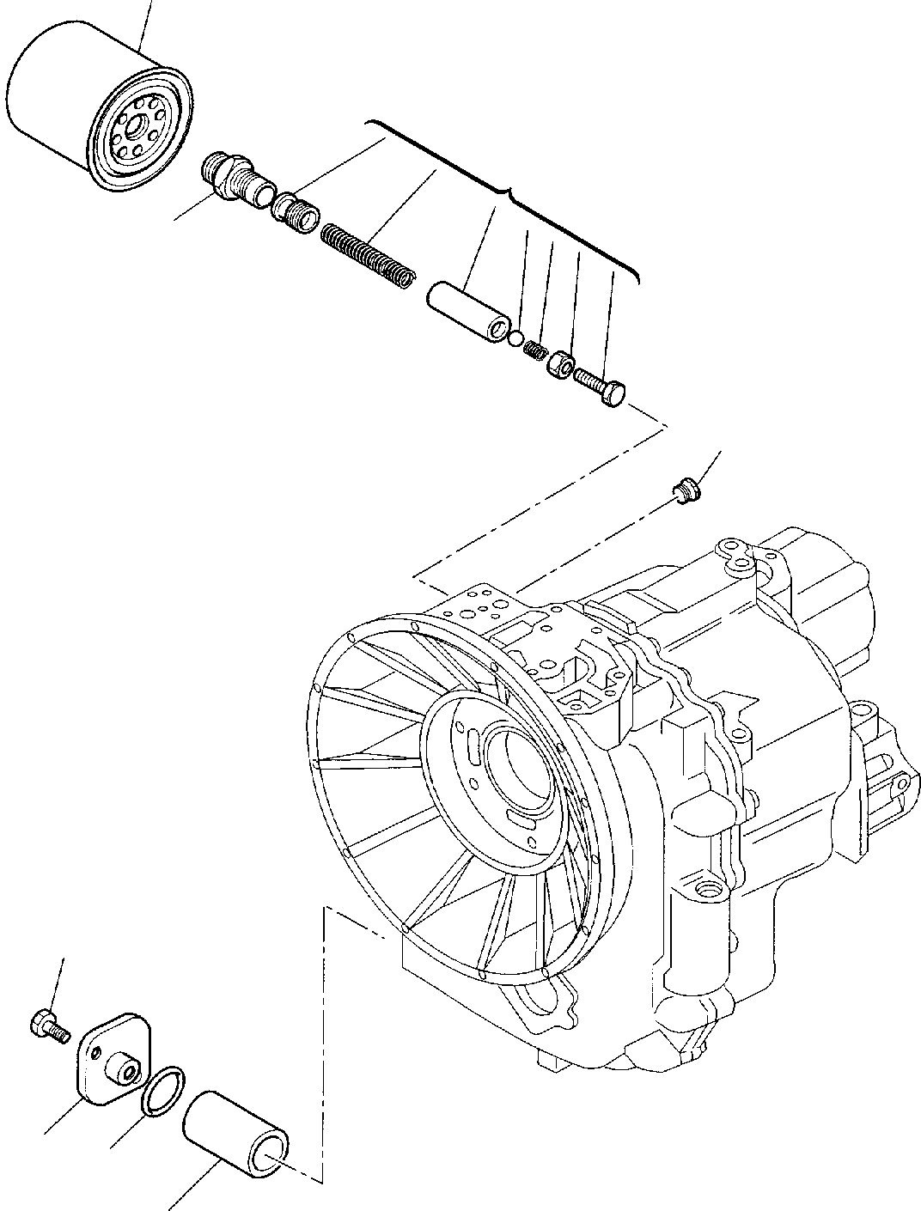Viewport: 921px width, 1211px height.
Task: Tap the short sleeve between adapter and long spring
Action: pyautogui.click(x=297, y=211)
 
